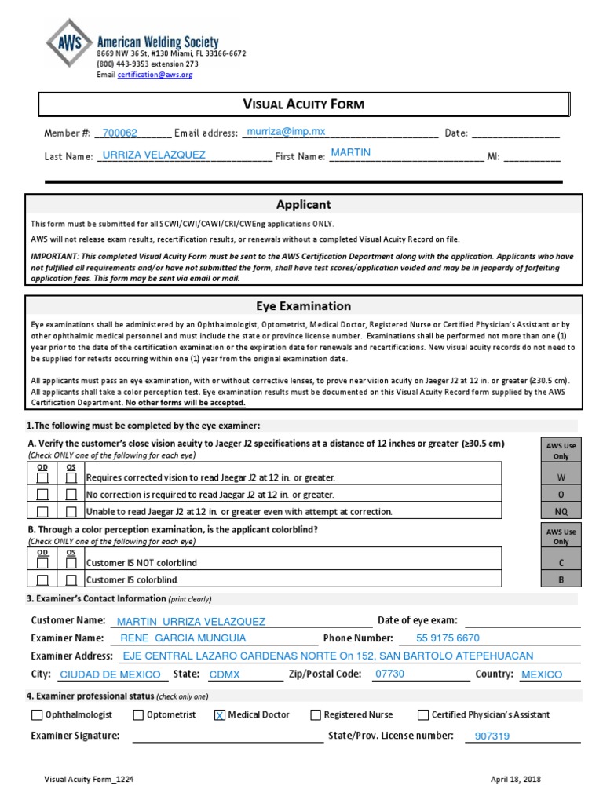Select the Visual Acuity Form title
[x=302, y=104]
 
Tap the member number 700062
[x=120, y=133]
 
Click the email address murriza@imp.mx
[x=286, y=132]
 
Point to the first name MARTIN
[x=351, y=152]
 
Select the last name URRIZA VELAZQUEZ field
[x=154, y=155]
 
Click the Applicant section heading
[x=304, y=205]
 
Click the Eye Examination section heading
[x=304, y=306]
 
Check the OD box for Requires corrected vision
[x=43, y=477]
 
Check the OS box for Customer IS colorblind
[x=71, y=580]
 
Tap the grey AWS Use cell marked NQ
[x=561, y=512]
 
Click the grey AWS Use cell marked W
[x=561, y=477]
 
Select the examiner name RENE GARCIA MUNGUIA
[x=183, y=638]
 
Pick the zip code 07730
[x=390, y=674]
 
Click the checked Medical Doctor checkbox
[x=220, y=714]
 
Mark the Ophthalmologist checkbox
[x=38, y=714]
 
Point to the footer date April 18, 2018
[x=516, y=780]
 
